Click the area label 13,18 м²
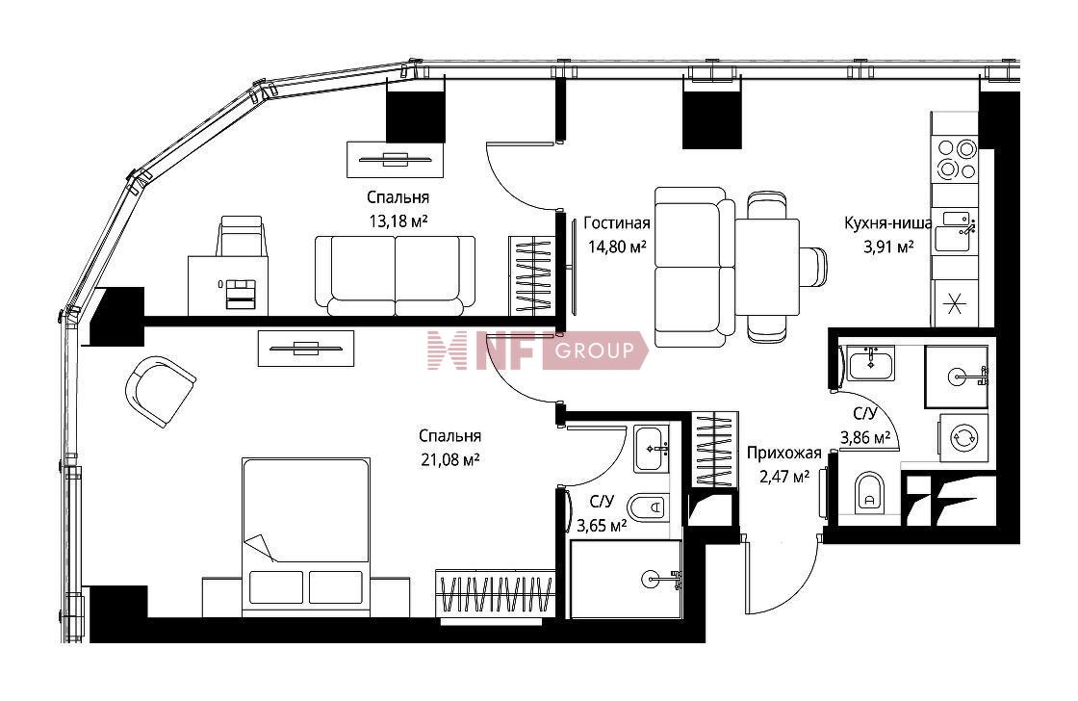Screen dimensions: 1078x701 click(x=398, y=221)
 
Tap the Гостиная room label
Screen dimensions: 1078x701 click(x=617, y=222)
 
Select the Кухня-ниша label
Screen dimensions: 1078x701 click(x=888, y=222)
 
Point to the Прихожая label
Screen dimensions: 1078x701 click(x=783, y=453)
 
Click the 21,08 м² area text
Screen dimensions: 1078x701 click(x=450, y=459)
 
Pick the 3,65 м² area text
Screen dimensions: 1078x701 click(x=602, y=527)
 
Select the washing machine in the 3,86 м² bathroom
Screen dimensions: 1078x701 click(x=963, y=437)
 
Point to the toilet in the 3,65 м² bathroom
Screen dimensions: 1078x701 click(x=649, y=507)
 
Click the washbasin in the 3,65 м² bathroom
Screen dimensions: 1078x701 click(x=651, y=450)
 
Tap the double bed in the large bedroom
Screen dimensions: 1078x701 click(x=306, y=536)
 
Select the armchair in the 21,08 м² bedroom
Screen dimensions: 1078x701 click(x=160, y=391)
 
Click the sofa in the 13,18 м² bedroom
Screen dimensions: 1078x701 click(x=396, y=275)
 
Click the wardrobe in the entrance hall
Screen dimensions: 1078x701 click(x=715, y=450)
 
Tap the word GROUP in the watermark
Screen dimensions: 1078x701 click(x=594, y=350)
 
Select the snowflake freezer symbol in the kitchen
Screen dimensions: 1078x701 click(x=954, y=303)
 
